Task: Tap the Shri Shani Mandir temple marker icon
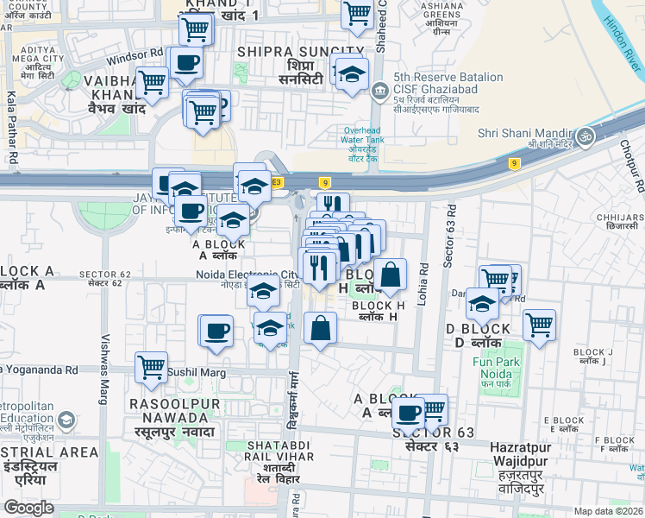pos(586,136)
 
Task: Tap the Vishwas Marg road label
pos(105,357)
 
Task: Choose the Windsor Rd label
pos(135,58)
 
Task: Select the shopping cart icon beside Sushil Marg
pos(151,366)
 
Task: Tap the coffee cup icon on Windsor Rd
pos(186,62)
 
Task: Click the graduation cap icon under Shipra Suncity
pos(352,75)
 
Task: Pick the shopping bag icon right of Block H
pos(390,275)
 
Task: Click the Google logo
pos(28,507)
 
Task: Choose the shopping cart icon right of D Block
pos(539,325)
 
